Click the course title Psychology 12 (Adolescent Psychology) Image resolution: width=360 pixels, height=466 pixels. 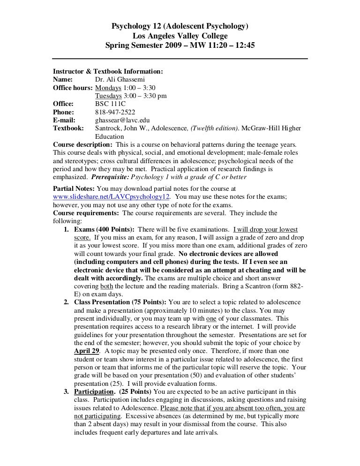pos(180,26)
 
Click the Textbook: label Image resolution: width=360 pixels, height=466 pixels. pos(69,128)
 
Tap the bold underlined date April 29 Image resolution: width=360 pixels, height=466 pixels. pos(87,351)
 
